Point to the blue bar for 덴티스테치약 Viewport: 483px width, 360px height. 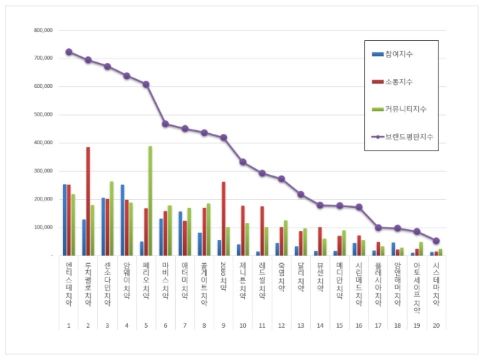click(64, 220)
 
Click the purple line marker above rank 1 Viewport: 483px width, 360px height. click(69, 52)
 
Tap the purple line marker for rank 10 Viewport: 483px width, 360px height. click(242, 162)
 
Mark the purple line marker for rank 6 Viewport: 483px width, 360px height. click(165, 124)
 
